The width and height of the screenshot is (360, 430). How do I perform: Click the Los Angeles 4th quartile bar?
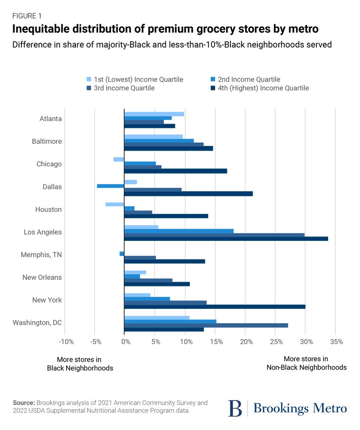pos(226,239)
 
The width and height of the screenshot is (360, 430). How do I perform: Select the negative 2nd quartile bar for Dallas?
pos(110,186)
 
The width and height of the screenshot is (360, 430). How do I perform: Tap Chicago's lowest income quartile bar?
pos(119,159)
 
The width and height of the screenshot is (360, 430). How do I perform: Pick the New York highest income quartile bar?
pos(214,306)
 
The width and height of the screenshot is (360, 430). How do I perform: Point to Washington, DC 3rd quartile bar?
pos(206,325)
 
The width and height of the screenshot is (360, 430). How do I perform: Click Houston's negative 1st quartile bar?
pos(114,204)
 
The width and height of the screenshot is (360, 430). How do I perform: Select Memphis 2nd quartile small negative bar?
pos(122,254)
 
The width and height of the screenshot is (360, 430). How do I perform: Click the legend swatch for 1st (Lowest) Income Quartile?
pos(88,79)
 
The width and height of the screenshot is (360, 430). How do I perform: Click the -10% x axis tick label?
pos(66,342)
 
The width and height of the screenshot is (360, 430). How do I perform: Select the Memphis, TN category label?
pos(41,255)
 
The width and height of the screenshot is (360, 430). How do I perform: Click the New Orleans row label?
pos(42,277)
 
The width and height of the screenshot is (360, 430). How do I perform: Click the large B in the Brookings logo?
pos(235,408)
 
